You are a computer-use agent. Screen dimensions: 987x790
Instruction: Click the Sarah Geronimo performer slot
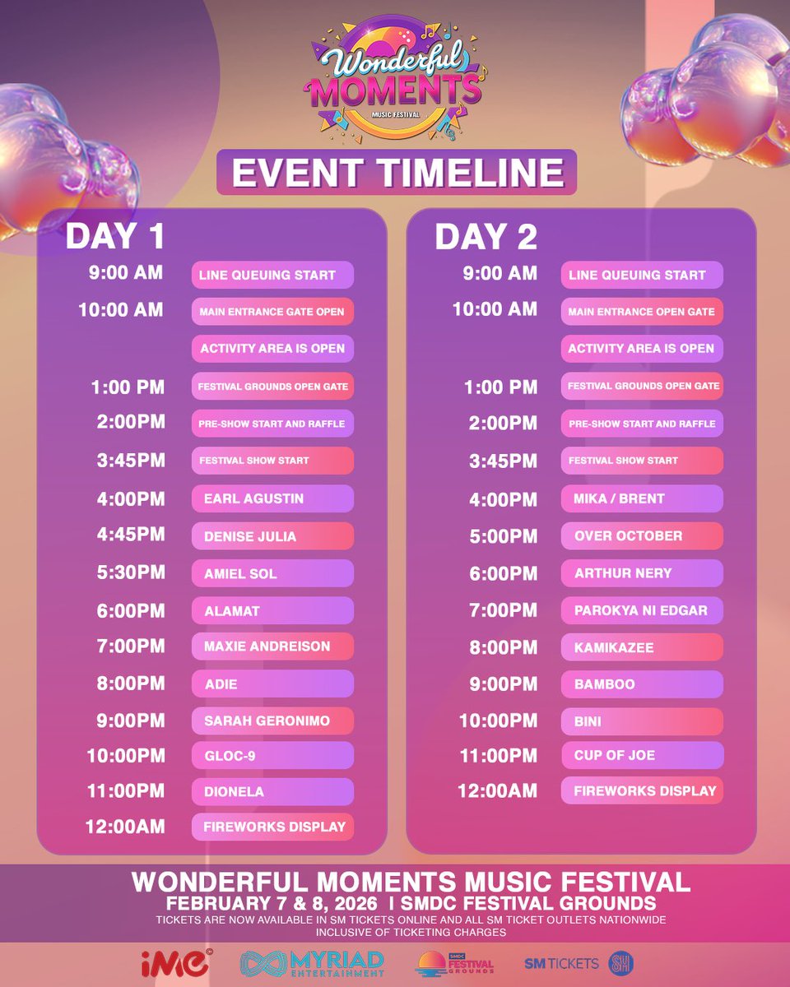pyautogui.click(x=272, y=721)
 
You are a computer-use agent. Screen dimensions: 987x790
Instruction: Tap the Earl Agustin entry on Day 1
pyautogui.click(x=272, y=498)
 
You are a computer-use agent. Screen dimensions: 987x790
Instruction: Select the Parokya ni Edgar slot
pyautogui.click(x=642, y=610)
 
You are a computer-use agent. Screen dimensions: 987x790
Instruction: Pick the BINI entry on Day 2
pyautogui.click(x=642, y=721)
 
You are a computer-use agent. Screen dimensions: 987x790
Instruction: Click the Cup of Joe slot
pyautogui.click(x=642, y=755)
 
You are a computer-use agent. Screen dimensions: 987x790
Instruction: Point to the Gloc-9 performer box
pyautogui.click(x=272, y=755)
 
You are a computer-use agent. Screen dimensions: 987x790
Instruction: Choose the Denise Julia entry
pyautogui.click(x=272, y=536)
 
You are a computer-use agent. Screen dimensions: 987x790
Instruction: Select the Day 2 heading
pyautogui.click(x=486, y=237)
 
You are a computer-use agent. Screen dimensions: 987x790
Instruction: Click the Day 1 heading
pyautogui.click(x=115, y=237)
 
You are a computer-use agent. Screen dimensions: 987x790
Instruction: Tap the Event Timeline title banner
pyautogui.click(x=397, y=173)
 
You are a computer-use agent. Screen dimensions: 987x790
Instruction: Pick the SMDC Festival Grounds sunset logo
pyautogui.click(x=455, y=964)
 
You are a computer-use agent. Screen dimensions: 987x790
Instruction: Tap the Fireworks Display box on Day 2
pyautogui.click(x=642, y=791)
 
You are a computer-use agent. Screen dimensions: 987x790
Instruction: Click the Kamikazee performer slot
pyautogui.click(x=642, y=647)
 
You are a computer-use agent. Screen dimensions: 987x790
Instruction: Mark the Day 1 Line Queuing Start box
pyautogui.click(x=272, y=275)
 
